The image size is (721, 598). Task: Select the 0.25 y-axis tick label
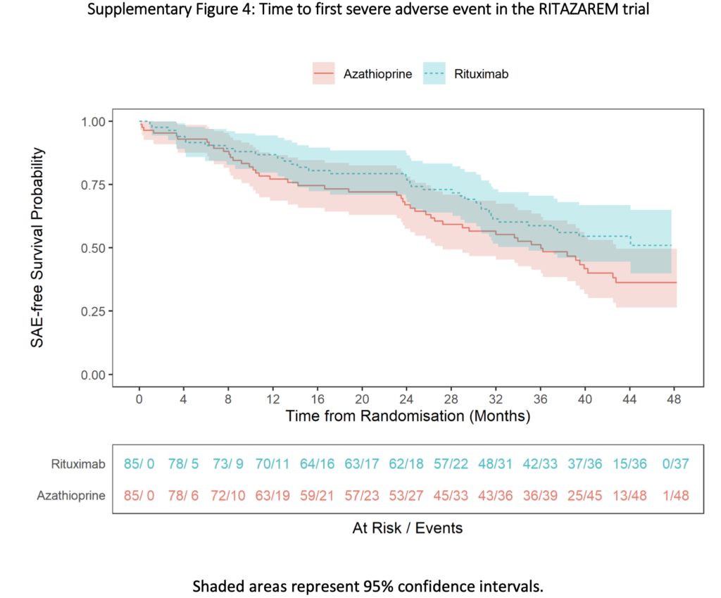pyautogui.click(x=90, y=311)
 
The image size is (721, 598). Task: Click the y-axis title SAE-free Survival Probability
pyautogui.click(x=39, y=247)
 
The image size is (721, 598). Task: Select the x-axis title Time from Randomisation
pyautogui.click(x=407, y=416)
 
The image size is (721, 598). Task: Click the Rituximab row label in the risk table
pyautogui.click(x=78, y=465)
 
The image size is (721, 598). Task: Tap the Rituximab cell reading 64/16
pyautogui.click(x=317, y=465)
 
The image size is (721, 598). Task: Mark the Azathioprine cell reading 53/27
pyautogui.click(x=406, y=496)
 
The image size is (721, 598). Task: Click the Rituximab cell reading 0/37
pyautogui.click(x=674, y=465)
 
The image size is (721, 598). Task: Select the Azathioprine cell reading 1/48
pyautogui.click(x=674, y=496)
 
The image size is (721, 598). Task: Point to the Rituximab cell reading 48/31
pyautogui.click(x=496, y=465)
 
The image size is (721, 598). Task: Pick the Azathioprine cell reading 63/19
pyautogui.click(x=272, y=496)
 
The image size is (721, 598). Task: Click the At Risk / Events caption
pyautogui.click(x=407, y=528)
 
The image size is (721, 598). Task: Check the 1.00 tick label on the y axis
pyautogui.click(x=90, y=121)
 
